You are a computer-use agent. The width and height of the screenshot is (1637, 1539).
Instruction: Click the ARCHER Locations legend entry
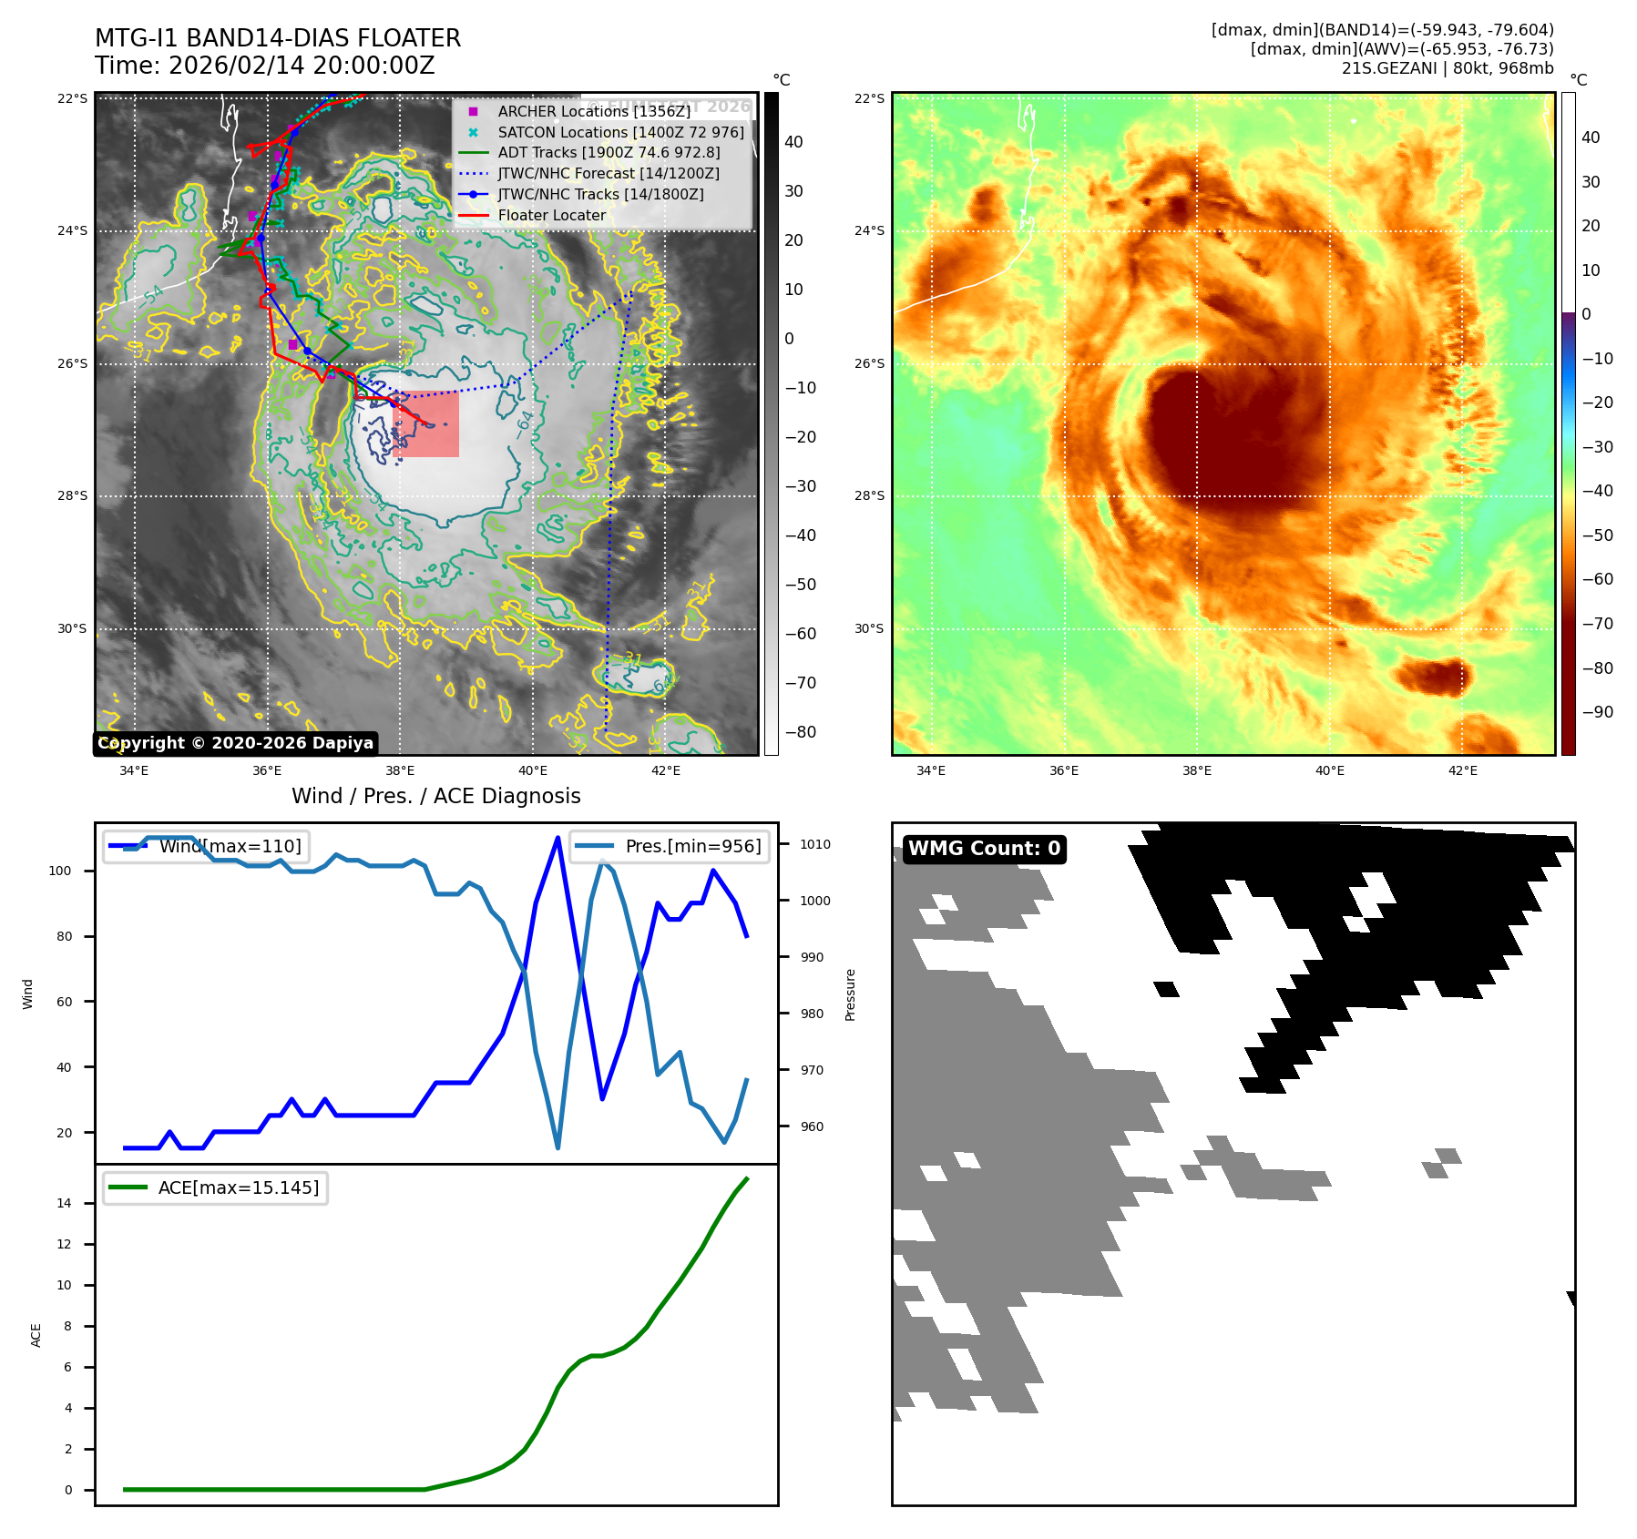594,111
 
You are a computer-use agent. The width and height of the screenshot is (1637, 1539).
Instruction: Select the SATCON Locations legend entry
620,132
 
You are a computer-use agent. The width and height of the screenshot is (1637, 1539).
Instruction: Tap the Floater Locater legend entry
551,215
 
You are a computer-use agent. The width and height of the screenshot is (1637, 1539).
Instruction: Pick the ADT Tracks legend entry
609,152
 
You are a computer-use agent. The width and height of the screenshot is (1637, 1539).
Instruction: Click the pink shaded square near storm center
425,423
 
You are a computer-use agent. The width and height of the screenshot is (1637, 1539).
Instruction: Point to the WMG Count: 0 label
984,849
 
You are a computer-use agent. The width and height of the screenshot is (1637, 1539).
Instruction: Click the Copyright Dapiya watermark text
235,743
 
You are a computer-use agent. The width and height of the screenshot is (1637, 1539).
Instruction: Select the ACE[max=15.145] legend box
216,1187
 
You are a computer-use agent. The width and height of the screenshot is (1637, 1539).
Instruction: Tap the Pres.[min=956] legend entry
670,846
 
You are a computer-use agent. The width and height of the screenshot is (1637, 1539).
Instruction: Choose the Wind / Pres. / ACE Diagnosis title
435,796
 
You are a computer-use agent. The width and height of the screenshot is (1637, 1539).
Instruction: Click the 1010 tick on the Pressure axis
814,844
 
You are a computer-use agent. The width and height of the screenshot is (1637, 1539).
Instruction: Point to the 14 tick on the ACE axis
64,1203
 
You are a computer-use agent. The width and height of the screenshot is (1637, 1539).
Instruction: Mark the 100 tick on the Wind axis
59,871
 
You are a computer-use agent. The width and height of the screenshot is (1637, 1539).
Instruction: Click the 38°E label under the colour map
1196,770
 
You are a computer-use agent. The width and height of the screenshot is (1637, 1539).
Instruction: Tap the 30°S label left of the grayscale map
72,628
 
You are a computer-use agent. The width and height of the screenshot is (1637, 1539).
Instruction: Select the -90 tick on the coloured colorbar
1597,712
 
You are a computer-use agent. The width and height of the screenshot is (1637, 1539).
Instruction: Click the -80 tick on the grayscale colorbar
800,732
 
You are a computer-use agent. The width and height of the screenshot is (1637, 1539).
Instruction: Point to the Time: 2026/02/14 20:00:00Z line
264,66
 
